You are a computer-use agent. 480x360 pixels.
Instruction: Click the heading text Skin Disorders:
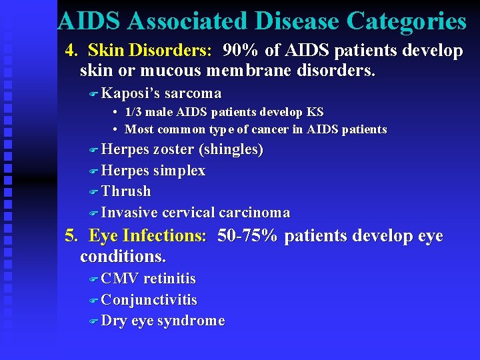click(x=150, y=51)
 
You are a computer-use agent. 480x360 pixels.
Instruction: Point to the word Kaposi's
click(x=131, y=93)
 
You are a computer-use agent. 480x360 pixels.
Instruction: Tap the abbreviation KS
click(x=315, y=113)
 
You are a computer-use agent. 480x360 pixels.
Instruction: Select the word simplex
click(x=179, y=171)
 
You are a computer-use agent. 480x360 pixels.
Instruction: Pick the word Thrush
click(x=126, y=191)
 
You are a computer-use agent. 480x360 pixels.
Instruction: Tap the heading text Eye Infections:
click(x=148, y=237)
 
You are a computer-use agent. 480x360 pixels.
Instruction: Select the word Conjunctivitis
click(x=149, y=300)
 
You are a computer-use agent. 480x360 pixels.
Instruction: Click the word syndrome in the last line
click(x=191, y=321)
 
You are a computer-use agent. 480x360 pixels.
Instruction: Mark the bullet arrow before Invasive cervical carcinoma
click(x=94, y=213)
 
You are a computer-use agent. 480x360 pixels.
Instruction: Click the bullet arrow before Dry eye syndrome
click(x=94, y=321)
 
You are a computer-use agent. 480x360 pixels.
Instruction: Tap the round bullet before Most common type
click(x=116, y=129)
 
